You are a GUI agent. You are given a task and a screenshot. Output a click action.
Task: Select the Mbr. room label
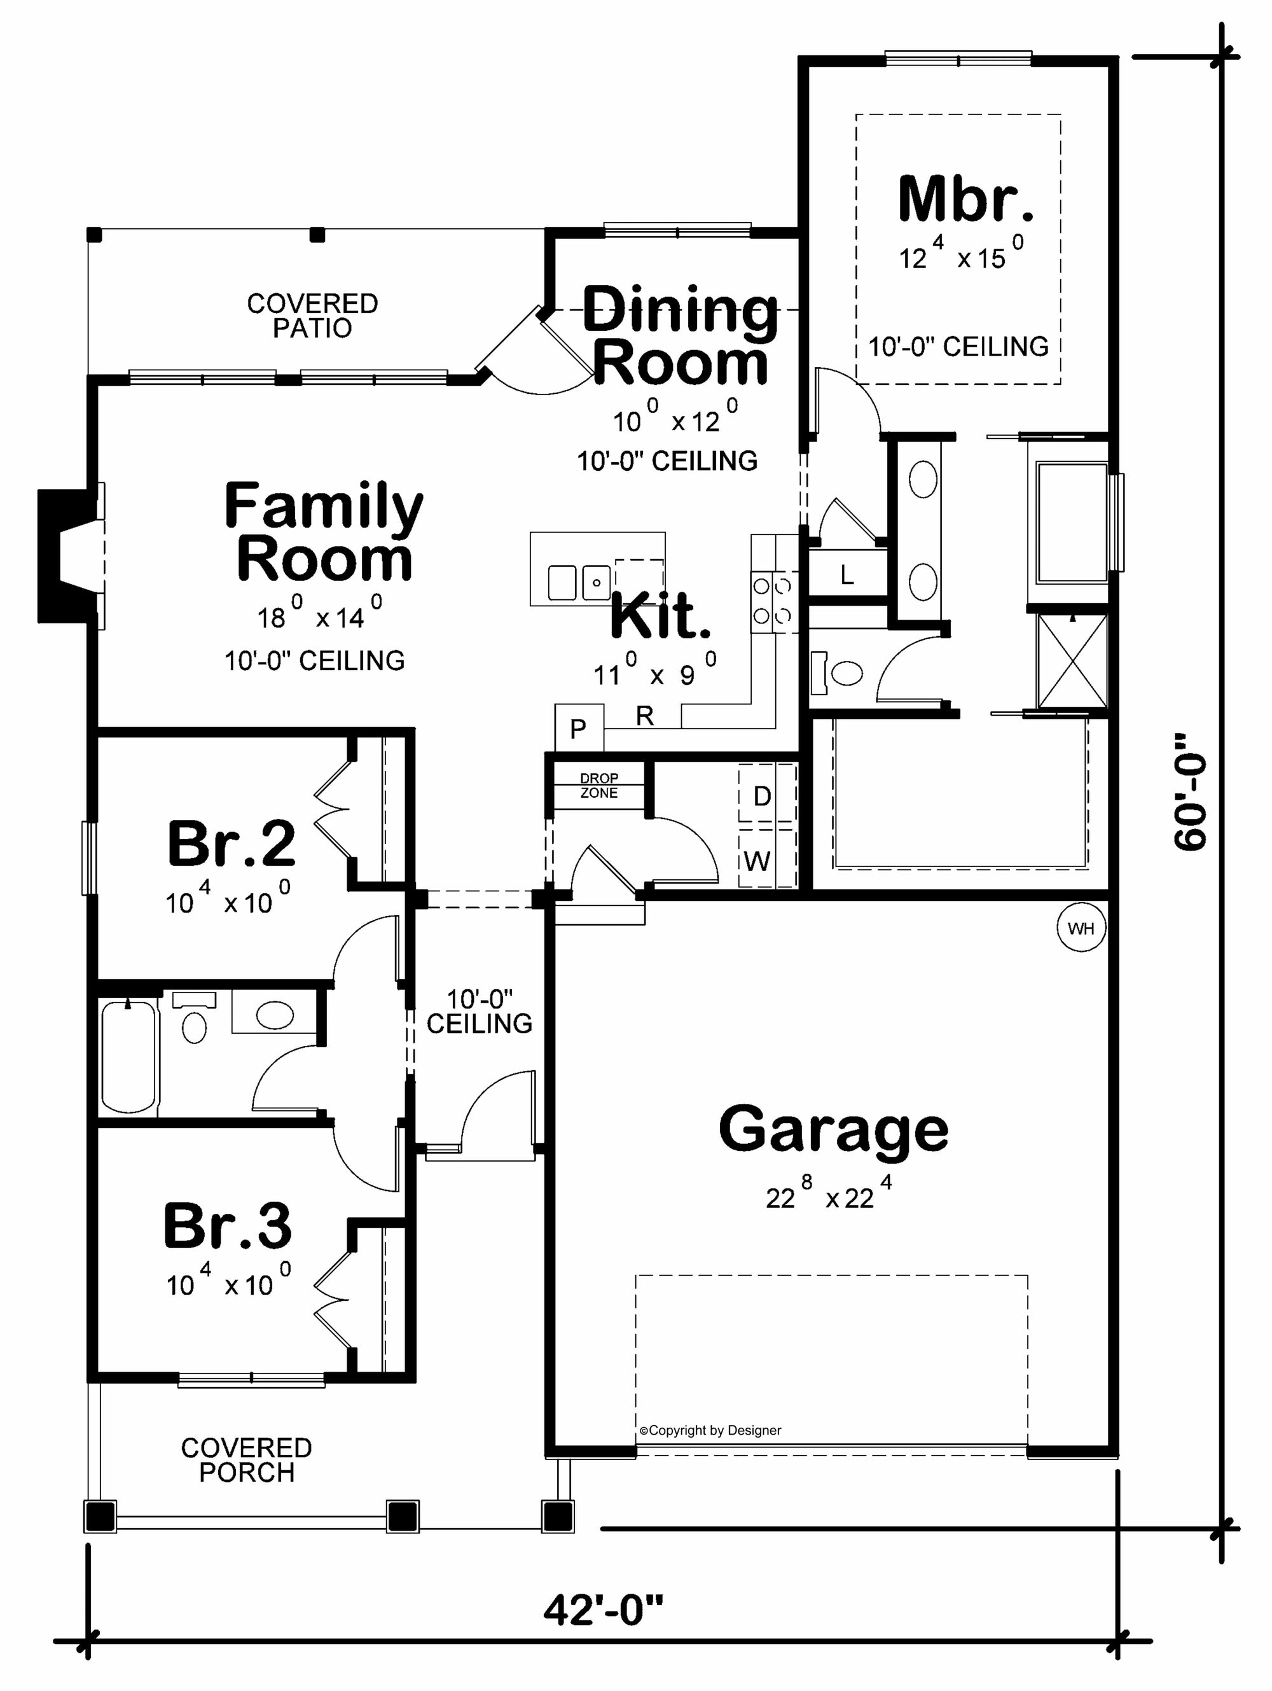tap(965, 200)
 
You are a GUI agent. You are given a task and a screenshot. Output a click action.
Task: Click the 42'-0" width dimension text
tap(603, 1610)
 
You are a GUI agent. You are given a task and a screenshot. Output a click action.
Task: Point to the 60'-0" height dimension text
tap(1190, 792)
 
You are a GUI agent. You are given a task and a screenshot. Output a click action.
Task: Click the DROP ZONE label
tap(598, 785)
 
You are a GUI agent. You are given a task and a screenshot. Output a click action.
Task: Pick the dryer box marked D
tap(762, 797)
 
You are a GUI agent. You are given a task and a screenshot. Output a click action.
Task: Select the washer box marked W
tap(757, 861)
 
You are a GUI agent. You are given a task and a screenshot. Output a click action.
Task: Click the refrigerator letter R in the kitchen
tap(644, 716)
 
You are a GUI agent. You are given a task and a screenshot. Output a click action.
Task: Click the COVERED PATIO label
tap(312, 316)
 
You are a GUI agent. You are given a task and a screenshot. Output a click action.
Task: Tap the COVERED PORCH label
tap(246, 1459)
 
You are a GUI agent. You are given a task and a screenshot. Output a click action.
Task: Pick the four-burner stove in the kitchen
tap(772, 602)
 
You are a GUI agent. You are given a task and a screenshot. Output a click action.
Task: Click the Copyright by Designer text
tap(711, 1430)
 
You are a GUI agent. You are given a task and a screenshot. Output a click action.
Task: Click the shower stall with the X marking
tap(1072, 661)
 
